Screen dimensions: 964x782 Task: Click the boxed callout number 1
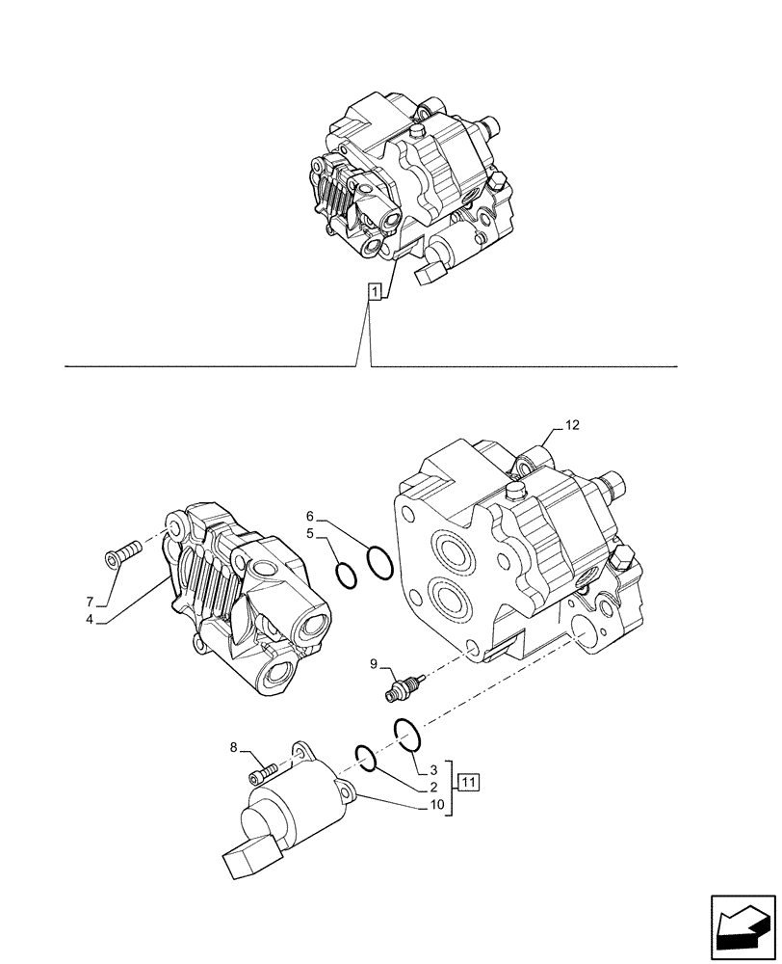click(375, 291)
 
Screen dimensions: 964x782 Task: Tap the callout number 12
click(572, 425)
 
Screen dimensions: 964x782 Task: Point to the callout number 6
click(311, 516)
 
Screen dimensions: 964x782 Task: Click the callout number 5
click(311, 533)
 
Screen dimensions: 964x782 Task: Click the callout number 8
click(233, 746)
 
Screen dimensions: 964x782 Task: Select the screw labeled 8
click(264, 771)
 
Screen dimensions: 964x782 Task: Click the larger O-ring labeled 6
click(379, 560)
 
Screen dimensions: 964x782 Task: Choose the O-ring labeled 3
click(407, 737)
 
